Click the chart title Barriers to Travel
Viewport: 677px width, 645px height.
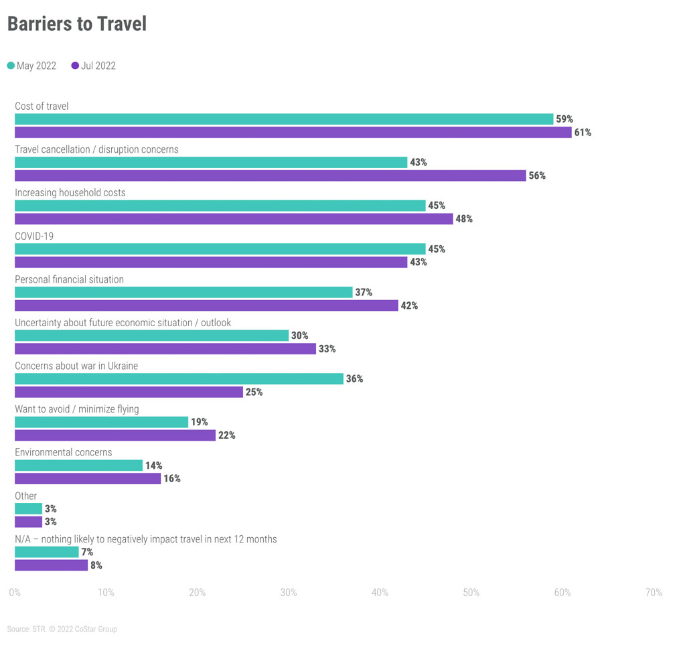click(76, 24)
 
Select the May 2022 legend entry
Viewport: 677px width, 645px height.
click(32, 66)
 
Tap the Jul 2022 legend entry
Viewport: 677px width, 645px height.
click(93, 66)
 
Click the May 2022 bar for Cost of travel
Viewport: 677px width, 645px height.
click(284, 119)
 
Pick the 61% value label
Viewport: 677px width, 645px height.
click(582, 133)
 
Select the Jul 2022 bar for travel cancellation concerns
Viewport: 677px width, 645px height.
click(270, 175)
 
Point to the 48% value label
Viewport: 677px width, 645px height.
click(464, 219)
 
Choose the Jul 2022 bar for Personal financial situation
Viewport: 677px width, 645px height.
click(206, 305)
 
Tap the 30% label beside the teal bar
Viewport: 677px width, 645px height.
click(300, 336)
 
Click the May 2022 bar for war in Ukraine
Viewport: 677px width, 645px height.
click(179, 379)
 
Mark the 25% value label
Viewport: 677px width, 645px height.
click(254, 392)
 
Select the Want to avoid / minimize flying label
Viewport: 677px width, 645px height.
click(77, 409)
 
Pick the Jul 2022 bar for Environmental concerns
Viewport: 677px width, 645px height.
click(88, 479)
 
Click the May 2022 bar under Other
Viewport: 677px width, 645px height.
click(28, 509)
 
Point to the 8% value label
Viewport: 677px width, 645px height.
click(96, 565)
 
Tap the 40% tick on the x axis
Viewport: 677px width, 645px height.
click(380, 593)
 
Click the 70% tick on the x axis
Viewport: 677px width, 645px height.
click(653, 593)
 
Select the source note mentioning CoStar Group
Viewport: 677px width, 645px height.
click(62, 629)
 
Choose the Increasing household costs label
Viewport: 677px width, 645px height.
click(70, 192)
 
